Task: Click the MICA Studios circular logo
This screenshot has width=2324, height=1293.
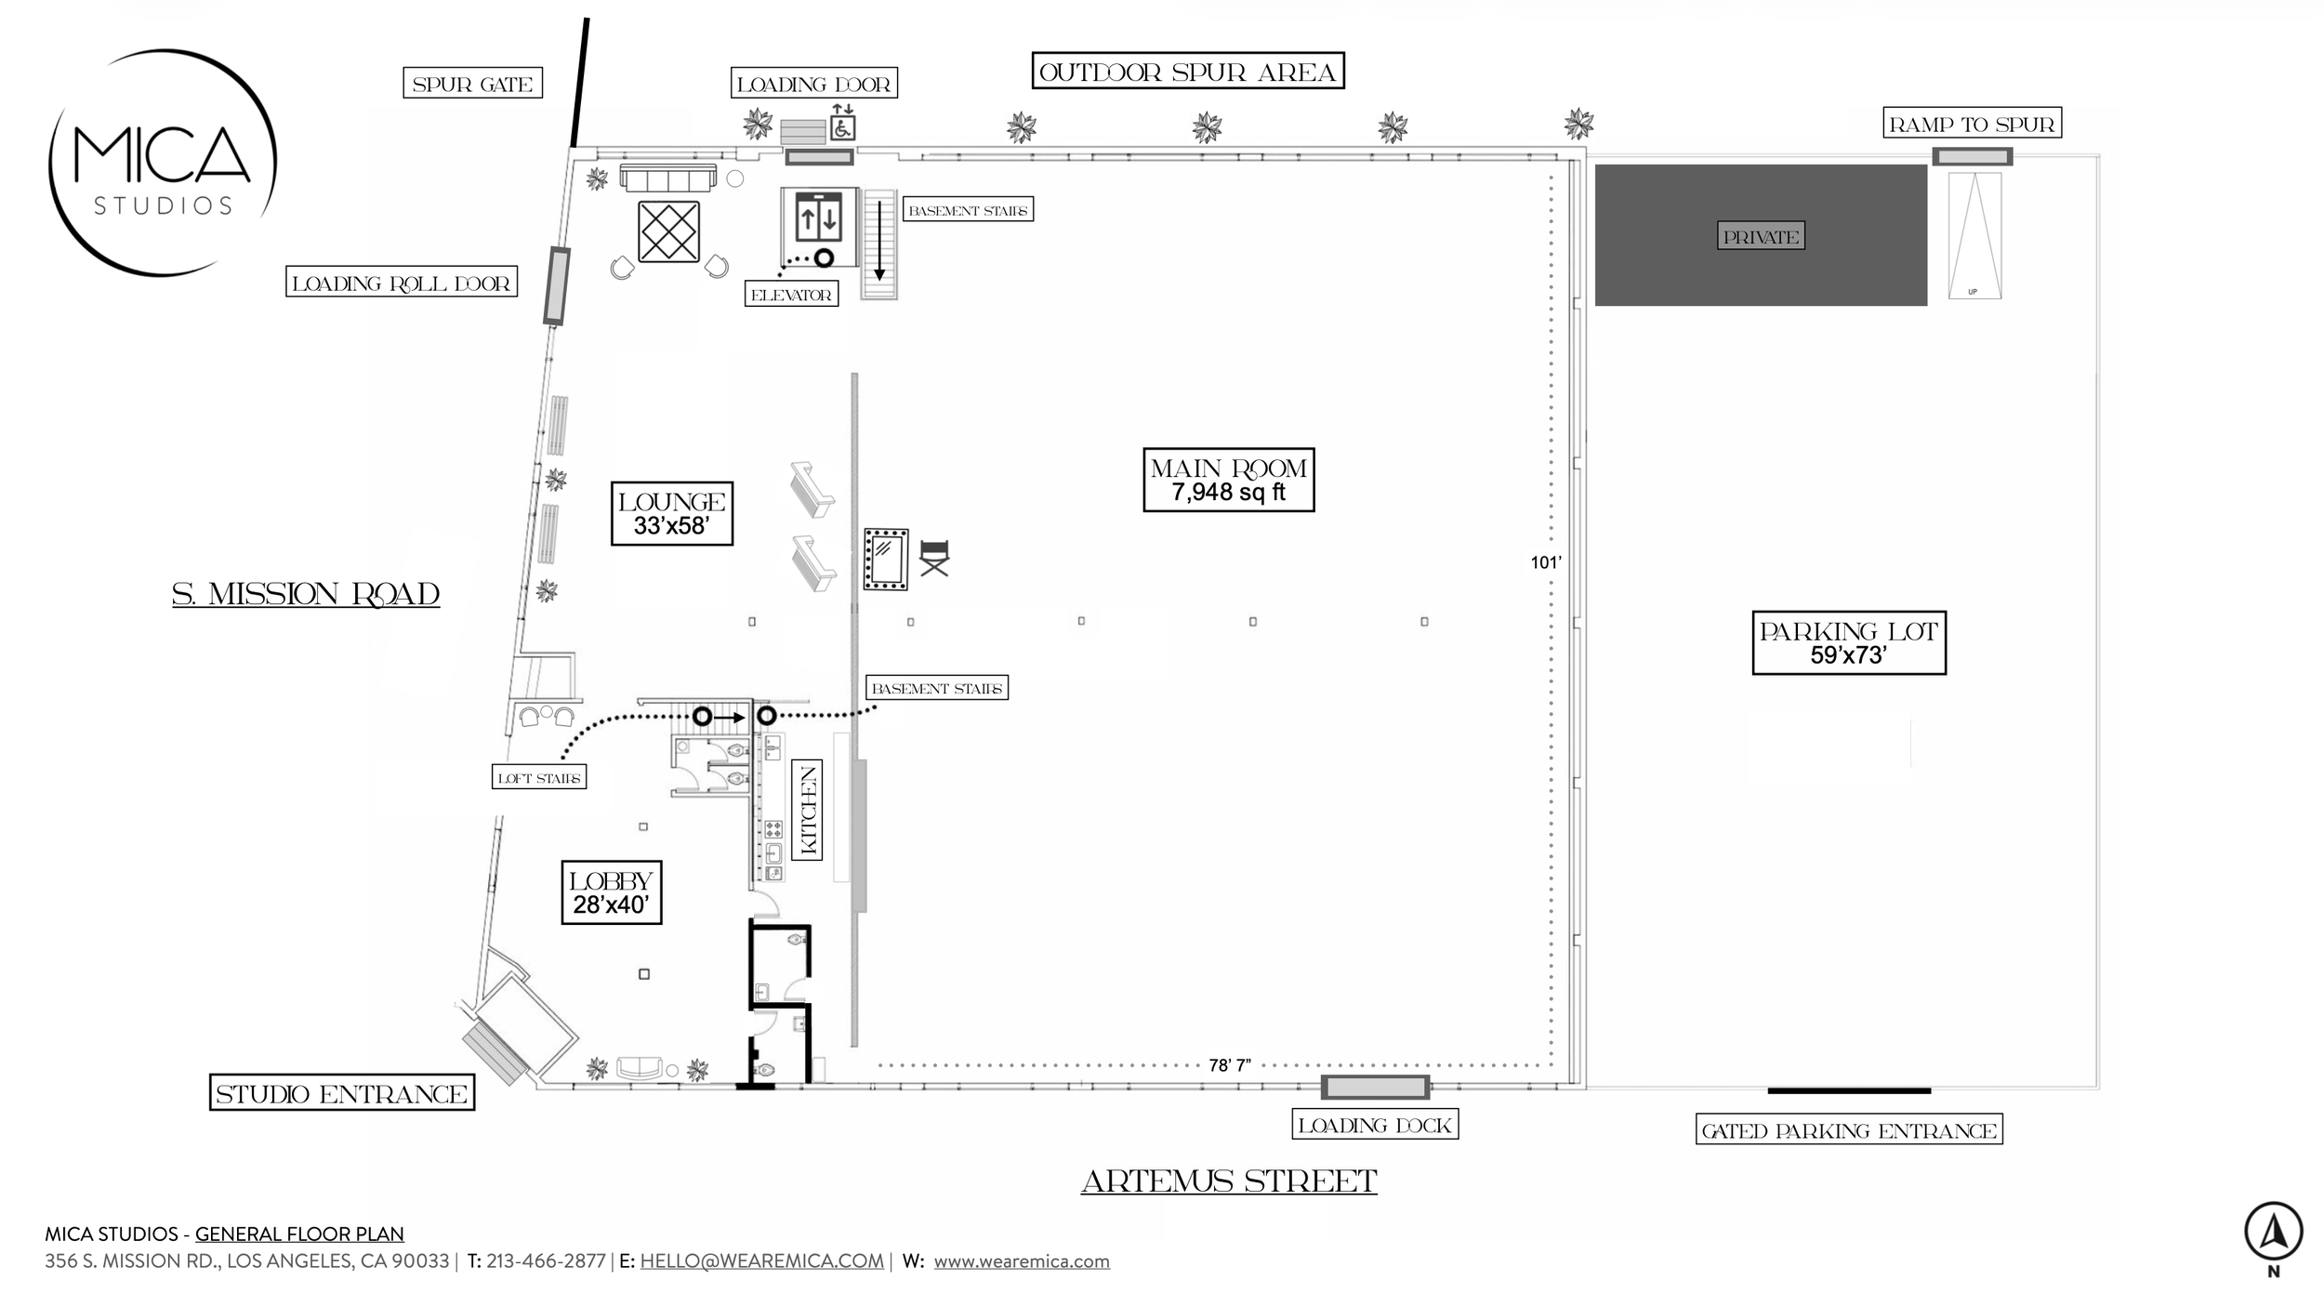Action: (x=163, y=163)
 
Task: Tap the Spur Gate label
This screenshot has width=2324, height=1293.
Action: (x=472, y=84)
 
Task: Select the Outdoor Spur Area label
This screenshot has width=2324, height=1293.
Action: (x=1187, y=72)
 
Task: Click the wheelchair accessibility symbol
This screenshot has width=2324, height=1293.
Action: (x=842, y=128)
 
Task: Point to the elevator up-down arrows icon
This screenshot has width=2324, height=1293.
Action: (x=818, y=219)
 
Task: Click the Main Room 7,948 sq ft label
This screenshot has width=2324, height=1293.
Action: (x=1228, y=480)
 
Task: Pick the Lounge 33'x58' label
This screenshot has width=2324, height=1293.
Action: (x=671, y=513)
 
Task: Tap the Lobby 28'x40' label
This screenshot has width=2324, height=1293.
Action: (x=611, y=892)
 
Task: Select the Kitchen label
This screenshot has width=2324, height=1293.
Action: (x=807, y=810)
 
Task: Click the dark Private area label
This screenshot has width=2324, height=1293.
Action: (x=1760, y=236)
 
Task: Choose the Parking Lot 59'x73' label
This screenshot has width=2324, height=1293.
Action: (x=1848, y=642)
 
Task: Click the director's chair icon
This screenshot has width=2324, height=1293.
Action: (x=934, y=558)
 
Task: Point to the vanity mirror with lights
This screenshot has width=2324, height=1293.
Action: (x=885, y=559)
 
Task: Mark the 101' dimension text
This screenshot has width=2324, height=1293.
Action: (x=1546, y=562)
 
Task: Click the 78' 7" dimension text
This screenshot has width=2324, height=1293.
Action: (x=1229, y=1065)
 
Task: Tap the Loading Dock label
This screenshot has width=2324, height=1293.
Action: (x=1374, y=1125)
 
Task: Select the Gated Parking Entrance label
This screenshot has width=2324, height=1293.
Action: (x=1848, y=1130)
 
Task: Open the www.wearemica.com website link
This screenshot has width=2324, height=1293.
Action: (x=1021, y=1261)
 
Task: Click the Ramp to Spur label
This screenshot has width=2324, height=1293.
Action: (x=1972, y=124)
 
